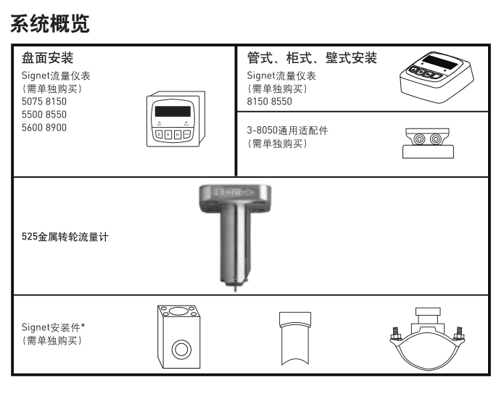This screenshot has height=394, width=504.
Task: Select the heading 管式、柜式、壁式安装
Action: (x=312, y=58)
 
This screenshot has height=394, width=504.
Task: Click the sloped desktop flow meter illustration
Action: (x=436, y=77)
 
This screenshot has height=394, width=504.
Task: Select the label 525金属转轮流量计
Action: (x=65, y=237)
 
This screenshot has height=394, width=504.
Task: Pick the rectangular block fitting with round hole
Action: (x=178, y=336)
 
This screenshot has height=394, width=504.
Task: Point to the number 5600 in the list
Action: (x=33, y=126)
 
